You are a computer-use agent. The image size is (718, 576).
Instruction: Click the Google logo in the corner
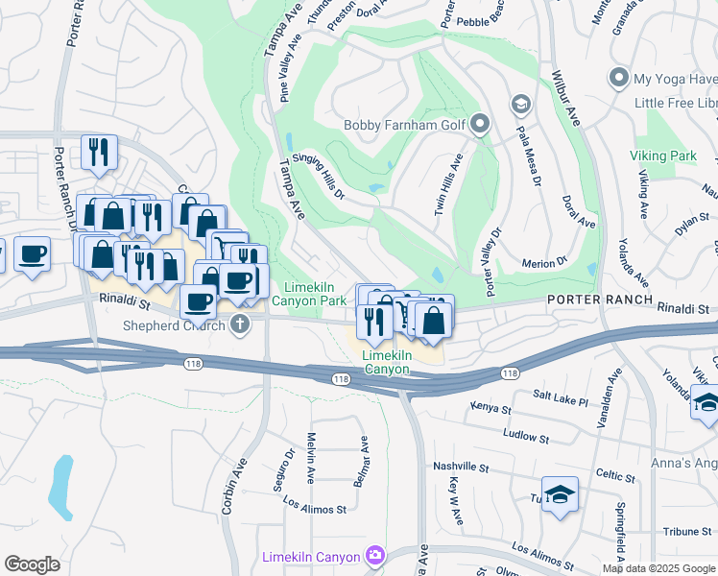(32, 564)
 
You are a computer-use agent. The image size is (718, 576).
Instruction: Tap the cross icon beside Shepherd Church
(240, 324)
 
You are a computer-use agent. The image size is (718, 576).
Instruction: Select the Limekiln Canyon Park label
(315, 294)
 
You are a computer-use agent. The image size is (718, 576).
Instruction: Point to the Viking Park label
(662, 156)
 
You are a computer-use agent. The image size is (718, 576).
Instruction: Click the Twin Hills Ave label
(448, 184)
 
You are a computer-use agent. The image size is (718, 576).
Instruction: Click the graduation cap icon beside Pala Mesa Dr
(520, 104)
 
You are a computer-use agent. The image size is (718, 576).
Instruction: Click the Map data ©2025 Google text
(658, 568)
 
